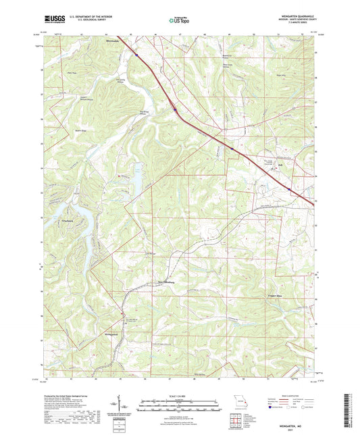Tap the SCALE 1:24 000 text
(x=180, y=395)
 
